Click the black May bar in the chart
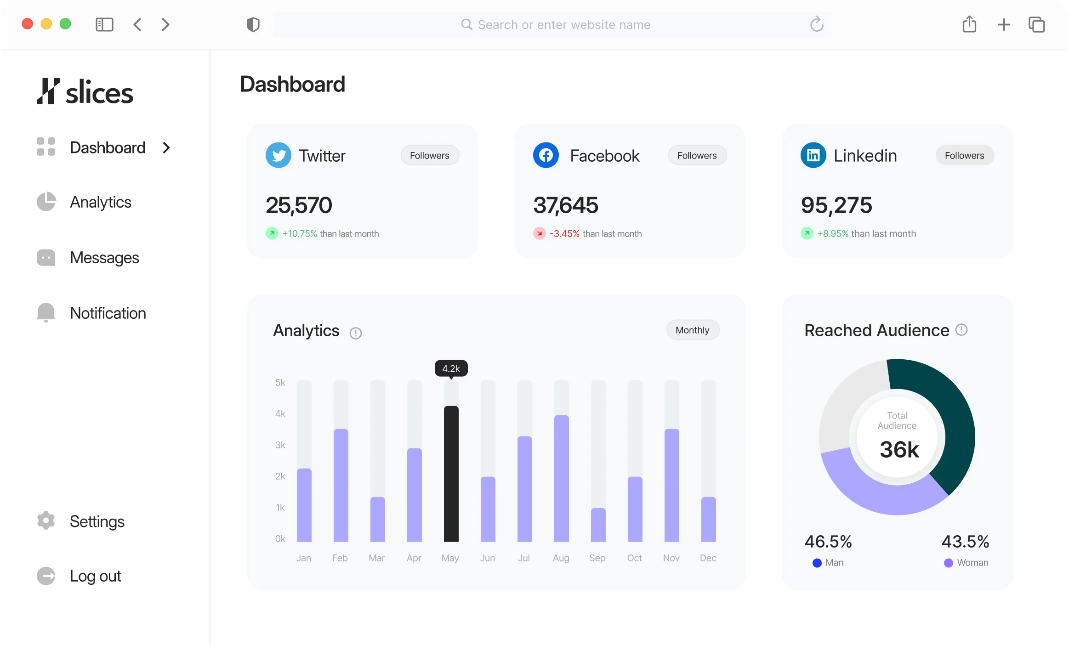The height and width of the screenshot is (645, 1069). coord(451,473)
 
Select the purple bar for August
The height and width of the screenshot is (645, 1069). coord(561,478)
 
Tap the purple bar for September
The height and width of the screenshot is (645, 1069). coord(598,525)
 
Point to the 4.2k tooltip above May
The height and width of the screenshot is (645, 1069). coord(451,368)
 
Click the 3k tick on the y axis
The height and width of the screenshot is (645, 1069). coord(280,445)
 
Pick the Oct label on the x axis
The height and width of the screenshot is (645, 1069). coord(634,558)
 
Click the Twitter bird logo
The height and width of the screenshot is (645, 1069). coord(279,155)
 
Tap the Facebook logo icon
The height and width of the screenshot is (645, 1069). coord(546,155)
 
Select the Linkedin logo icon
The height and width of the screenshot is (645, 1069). coord(813,155)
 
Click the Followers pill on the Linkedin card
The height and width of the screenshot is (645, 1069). coord(964,155)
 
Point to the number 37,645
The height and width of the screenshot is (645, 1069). coord(565,205)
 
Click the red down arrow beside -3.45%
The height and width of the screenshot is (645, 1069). coord(539,233)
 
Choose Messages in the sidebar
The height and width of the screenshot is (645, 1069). coord(104,258)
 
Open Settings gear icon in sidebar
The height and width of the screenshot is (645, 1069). coord(46,521)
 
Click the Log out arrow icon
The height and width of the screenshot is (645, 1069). coord(46,576)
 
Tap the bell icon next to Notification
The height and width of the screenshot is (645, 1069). coord(46,312)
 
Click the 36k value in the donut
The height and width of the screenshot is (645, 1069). coord(899,449)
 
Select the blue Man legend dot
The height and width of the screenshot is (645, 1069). coord(817,563)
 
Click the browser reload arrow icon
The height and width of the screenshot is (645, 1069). coord(816,24)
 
